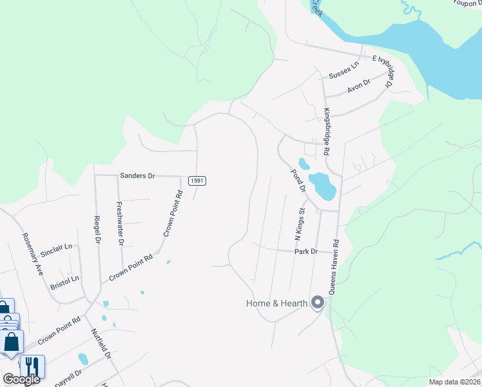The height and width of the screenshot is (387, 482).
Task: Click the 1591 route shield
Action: [x=197, y=181]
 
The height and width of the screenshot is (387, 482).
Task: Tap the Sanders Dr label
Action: [x=138, y=175]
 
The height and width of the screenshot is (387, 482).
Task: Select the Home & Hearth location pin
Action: [x=317, y=302]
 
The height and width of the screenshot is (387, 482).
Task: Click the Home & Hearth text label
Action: [x=276, y=303]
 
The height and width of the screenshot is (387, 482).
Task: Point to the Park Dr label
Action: [x=306, y=251]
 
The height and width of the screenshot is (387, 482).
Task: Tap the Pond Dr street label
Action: [x=297, y=181]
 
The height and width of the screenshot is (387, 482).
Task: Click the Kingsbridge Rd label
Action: [x=327, y=131]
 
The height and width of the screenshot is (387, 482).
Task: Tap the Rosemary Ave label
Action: [x=32, y=253]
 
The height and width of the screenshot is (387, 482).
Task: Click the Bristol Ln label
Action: [x=64, y=280]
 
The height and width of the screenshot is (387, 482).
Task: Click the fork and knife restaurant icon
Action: [x=32, y=366]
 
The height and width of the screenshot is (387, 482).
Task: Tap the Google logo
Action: [x=21, y=379]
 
